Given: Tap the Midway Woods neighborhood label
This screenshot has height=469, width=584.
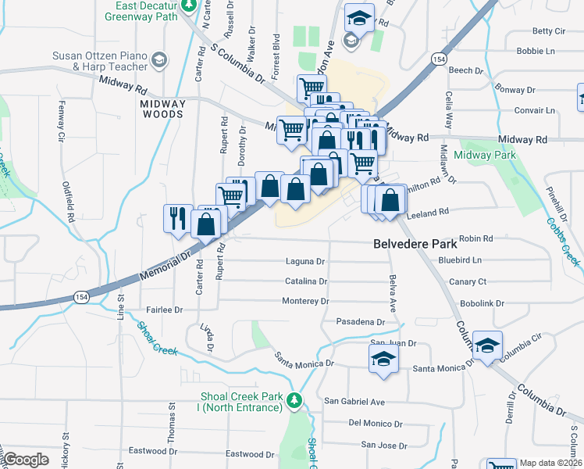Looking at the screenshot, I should (x=162, y=109).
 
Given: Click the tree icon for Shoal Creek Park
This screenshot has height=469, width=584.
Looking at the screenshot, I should (x=294, y=401).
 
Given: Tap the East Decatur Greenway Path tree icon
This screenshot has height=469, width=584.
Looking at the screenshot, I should (x=188, y=5).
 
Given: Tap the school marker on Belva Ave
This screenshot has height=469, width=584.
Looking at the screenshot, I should (x=383, y=359).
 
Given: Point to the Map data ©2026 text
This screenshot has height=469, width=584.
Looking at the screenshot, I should (x=550, y=463).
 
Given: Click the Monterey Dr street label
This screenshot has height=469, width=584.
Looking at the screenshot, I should (x=305, y=301).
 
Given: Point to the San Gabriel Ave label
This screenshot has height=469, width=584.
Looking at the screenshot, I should (x=355, y=402).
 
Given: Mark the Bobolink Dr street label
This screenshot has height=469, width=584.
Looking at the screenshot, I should (x=483, y=303).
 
